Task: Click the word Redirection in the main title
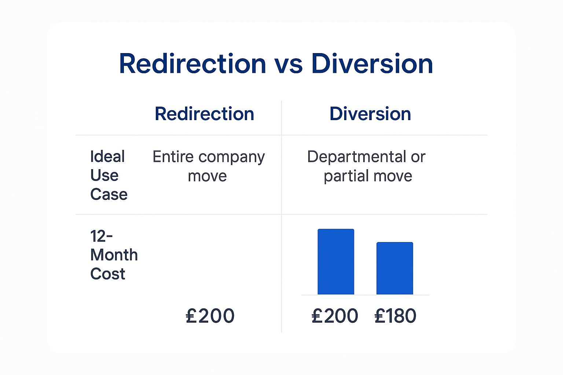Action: pyautogui.click(x=192, y=64)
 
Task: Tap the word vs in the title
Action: pyautogui.click(x=288, y=66)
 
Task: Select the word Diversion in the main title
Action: pyautogui.click(x=372, y=64)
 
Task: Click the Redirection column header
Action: pyautogui.click(x=204, y=114)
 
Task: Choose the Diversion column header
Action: pyautogui.click(x=370, y=114)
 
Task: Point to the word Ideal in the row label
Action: pyautogui.click(x=107, y=156)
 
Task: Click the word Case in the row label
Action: pyautogui.click(x=109, y=194)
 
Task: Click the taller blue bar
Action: pyautogui.click(x=336, y=261)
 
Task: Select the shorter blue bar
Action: pyautogui.click(x=395, y=268)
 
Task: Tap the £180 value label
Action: pyautogui.click(x=395, y=315)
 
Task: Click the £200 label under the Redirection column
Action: pyautogui.click(x=210, y=315)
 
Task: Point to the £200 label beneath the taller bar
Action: pyautogui.click(x=335, y=315)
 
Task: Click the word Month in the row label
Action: pyautogui.click(x=114, y=255)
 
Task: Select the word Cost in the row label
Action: pyautogui.click(x=107, y=274)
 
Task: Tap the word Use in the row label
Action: pyautogui.click(x=104, y=175)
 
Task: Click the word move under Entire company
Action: pyautogui.click(x=207, y=176)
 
